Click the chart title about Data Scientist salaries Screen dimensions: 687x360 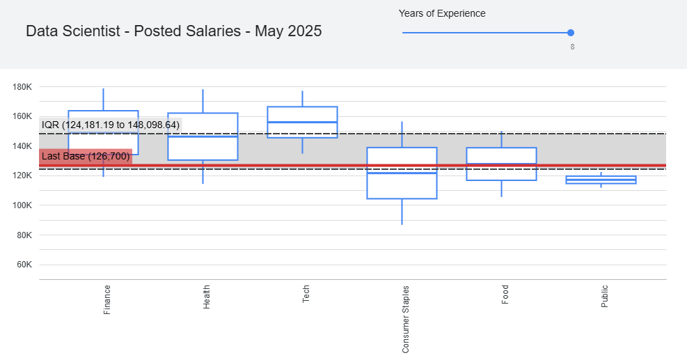point(174,31)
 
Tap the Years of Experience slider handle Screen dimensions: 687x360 point(571,33)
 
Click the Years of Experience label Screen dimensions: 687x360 point(442,14)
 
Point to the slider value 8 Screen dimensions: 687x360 point(572,47)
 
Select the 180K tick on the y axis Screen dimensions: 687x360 point(22,87)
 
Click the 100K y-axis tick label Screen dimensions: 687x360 point(22,205)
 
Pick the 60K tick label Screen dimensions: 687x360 point(24,265)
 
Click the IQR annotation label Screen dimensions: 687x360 point(111,125)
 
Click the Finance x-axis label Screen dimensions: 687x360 point(107,300)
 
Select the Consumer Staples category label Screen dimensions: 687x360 point(405,319)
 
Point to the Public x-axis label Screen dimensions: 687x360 point(605,297)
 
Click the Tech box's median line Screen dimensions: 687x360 point(302,122)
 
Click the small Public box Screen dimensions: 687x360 point(601,180)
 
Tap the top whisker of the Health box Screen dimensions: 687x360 point(203,101)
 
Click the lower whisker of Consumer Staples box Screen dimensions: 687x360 point(402,212)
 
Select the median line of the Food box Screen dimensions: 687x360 point(501,164)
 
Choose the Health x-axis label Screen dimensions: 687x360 point(206,297)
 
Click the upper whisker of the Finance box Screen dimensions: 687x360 point(104,100)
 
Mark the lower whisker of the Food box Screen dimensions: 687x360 point(501,189)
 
